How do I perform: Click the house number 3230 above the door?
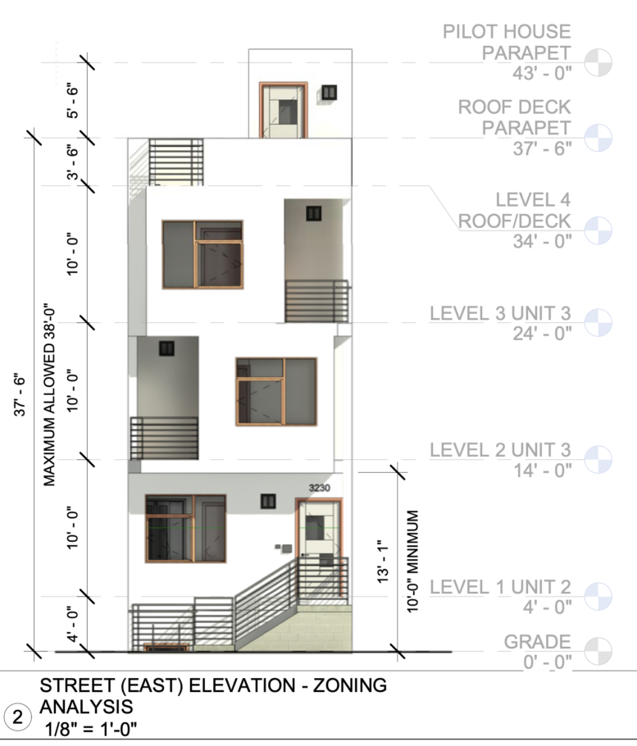click(319, 489)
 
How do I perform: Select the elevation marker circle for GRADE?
click(598, 651)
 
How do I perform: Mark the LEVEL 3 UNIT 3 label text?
click(500, 314)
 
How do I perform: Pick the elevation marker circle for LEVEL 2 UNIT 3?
click(598, 459)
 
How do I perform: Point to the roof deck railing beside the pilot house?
click(175, 161)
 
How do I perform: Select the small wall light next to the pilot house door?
click(330, 93)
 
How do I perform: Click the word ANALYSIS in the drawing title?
click(86, 706)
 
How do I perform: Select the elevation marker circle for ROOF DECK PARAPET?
click(598, 137)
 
